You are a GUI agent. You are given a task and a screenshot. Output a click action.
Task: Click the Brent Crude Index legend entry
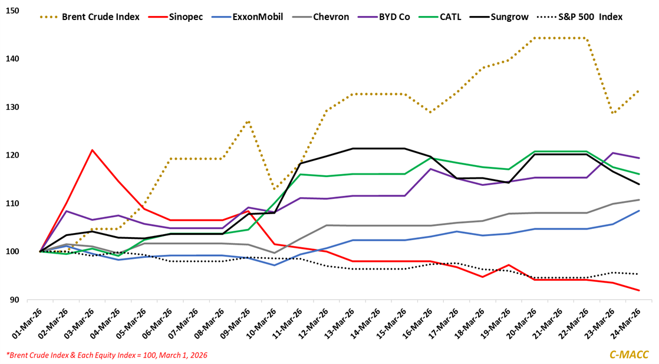[100, 17]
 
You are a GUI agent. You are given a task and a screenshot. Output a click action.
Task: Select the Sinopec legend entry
[185, 17]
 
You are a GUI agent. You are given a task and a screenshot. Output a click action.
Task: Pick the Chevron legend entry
[339, 17]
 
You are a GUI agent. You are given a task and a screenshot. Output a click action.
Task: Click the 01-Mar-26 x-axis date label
[27, 322]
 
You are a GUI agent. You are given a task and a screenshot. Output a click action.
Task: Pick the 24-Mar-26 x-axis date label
[628, 322]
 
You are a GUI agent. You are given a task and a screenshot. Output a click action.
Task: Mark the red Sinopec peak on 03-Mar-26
[92, 150]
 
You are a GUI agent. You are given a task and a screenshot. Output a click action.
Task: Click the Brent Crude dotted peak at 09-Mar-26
[249, 122]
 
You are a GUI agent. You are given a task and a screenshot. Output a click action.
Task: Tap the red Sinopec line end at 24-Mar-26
[640, 290]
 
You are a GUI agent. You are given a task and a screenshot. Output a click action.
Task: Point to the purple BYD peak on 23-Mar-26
[614, 153]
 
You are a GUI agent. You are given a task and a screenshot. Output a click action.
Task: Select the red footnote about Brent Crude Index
[107, 355]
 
